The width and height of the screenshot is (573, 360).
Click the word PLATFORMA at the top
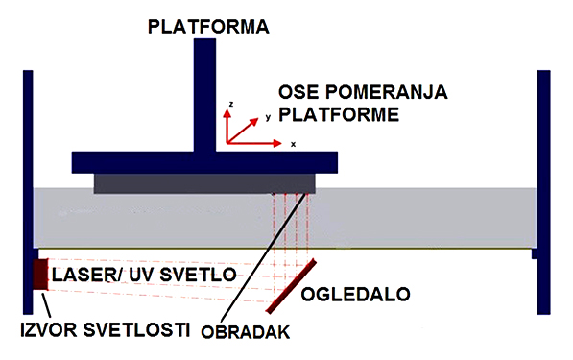[206, 26]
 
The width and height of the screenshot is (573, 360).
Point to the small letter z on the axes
[231, 101]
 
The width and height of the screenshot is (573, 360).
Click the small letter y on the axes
[268, 115]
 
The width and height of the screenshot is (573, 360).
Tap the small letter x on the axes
[293, 144]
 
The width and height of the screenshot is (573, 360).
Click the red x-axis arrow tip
[287, 142]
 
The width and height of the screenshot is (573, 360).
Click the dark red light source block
[41, 274]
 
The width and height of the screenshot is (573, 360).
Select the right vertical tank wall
[544, 192]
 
